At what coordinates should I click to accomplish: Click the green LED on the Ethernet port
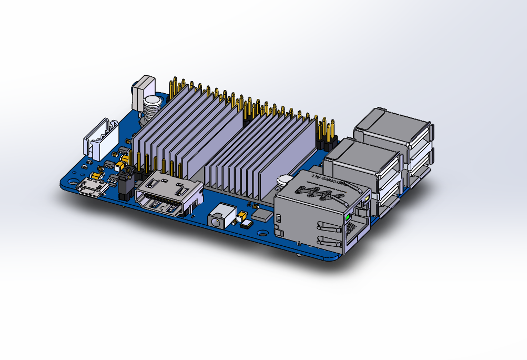pyautogui.click(x=348, y=216)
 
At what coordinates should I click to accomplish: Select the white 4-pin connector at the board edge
pyautogui.click(x=100, y=140)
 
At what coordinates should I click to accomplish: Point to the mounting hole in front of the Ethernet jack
pyautogui.click(x=262, y=231)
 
